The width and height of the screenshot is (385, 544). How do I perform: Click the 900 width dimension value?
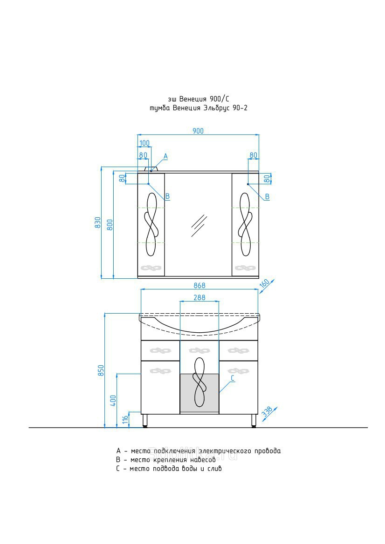pyautogui.click(x=198, y=131)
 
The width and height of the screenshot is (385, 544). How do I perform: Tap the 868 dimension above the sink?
pyautogui.click(x=199, y=286)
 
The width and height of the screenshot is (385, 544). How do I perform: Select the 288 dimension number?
pyautogui.click(x=199, y=298)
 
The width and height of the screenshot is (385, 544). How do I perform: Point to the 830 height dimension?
pyautogui.click(x=98, y=222)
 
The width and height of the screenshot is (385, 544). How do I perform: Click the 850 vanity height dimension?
pyautogui.click(x=101, y=370)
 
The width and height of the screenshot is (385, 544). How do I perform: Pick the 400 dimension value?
pyautogui.click(x=113, y=401)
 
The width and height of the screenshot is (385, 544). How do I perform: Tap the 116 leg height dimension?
pyautogui.click(x=125, y=419)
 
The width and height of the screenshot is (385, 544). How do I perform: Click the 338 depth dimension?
pyautogui.click(x=267, y=412)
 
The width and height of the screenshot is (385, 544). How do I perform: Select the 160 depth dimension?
pyautogui.click(x=265, y=283)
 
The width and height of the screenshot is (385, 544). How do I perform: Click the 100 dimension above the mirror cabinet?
pyautogui.click(x=144, y=143)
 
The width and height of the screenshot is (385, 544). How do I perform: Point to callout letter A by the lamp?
pyautogui.click(x=166, y=156)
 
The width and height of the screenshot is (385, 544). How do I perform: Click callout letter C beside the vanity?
pyautogui.click(x=233, y=378)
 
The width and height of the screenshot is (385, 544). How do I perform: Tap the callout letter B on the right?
pyautogui.click(x=267, y=197)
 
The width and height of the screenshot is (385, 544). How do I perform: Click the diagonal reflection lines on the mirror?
pyautogui.click(x=199, y=226)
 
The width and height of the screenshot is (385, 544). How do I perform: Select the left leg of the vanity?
pyautogui.click(x=145, y=421)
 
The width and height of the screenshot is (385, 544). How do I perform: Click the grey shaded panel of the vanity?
pyautogui.click(x=199, y=393)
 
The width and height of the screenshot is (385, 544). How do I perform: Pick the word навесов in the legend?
pyautogui.click(x=203, y=460)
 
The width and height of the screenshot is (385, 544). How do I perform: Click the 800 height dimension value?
pyautogui.click(x=110, y=226)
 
